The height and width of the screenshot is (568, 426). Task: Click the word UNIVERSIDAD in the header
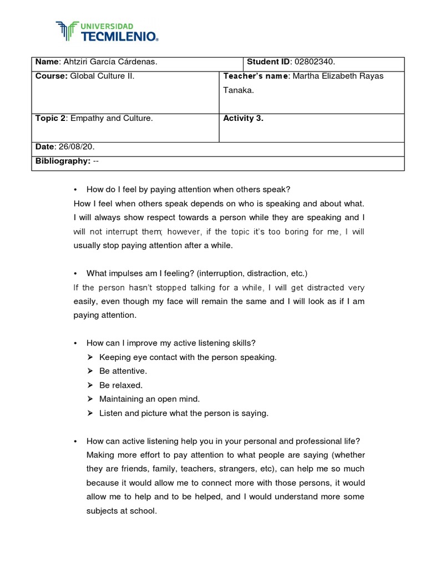tap(108, 26)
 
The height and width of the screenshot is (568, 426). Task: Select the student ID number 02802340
tap(314, 62)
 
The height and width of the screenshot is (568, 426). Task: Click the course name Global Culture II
tap(103, 76)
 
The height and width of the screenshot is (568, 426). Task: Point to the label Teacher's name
tap(256, 76)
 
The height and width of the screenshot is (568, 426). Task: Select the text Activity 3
tap(243, 118)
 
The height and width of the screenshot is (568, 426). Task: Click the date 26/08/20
tap(80, 146)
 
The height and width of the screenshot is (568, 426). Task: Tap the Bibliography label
tap(63, 160)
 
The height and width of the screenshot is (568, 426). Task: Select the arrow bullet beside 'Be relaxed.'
tap(91, 385)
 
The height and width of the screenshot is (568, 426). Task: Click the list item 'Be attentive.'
tap(123, 371)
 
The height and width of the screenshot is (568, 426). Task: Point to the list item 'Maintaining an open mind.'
tap(149, 399)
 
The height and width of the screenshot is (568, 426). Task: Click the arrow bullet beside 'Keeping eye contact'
tap(91, 357)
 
